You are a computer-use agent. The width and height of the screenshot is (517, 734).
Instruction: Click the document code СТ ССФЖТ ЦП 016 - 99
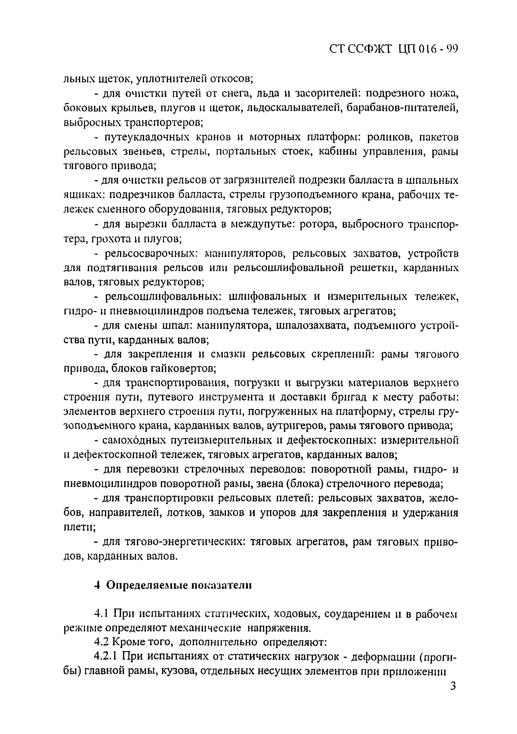[x=393, y=49]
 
